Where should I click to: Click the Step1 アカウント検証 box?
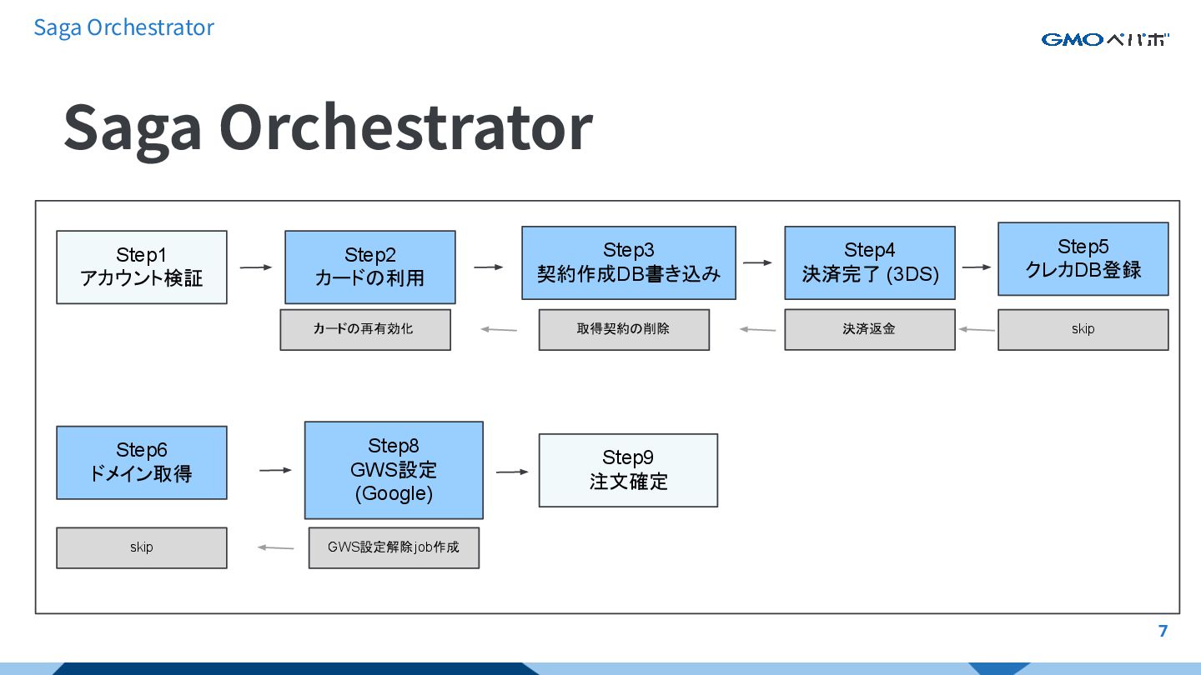(x=142, y=267)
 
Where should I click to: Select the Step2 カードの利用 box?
(x=370, y=267)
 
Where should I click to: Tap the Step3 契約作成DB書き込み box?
(x=629, y=262)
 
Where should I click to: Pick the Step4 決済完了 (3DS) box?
(x=870, y=262)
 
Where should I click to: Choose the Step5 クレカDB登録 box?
(x=1083, y=258)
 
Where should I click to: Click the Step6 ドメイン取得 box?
(x=142, y=462)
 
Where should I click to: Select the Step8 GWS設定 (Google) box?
(x=394, y=470)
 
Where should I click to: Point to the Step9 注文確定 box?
(x=628, y=470)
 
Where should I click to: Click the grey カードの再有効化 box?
(x=365, y=329)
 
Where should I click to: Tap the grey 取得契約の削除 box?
(x=624, y=329)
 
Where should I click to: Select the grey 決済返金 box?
(x=870, y=329)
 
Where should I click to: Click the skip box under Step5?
(x=1083, y=329)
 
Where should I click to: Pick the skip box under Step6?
(x=142, y=547)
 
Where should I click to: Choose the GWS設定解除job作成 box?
(x=394, y=547)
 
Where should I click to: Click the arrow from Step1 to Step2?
(x=256, y=267)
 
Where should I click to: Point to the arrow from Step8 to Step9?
(x=512, y=472)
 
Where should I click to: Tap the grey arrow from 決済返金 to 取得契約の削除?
(x=757, y=329)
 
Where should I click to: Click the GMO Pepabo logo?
(x=1104, y=39)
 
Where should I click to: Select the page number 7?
(x=1163, y=631)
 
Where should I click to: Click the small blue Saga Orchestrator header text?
(x=123, y=27)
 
